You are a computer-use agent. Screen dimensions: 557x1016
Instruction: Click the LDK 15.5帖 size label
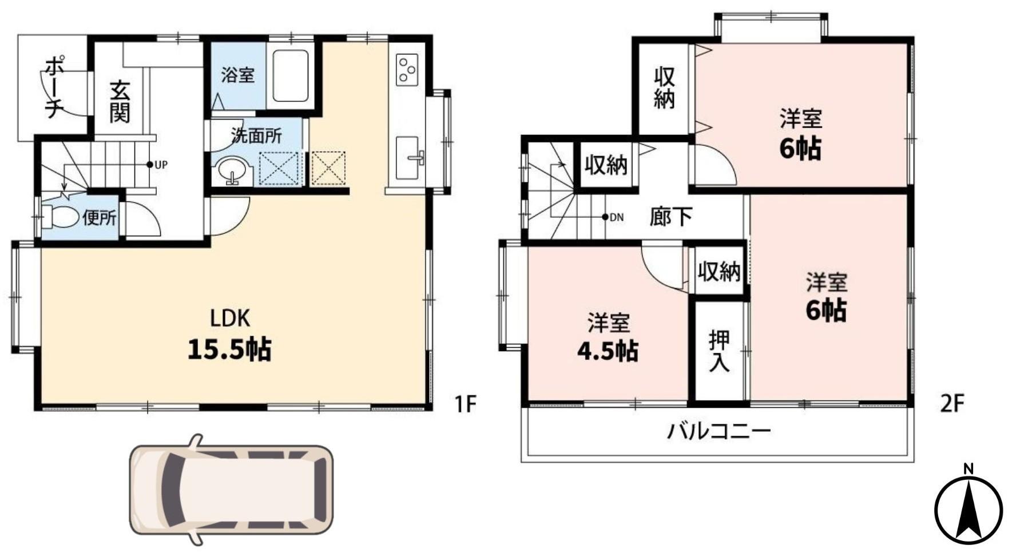(229, 349)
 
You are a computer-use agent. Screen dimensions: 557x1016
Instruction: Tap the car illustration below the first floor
(231, 490)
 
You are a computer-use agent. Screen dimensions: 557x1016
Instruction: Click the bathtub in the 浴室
(290, 76)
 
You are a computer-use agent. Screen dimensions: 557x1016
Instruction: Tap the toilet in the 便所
(62, 217)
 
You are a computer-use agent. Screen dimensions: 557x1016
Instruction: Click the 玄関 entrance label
(120, 102)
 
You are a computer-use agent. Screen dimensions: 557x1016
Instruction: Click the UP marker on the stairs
(157, 165)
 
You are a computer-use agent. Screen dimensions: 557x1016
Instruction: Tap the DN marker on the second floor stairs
(613, 217)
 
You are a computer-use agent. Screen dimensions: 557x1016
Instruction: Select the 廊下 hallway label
(670, 216)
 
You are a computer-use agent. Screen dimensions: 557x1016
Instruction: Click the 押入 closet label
(719, 351)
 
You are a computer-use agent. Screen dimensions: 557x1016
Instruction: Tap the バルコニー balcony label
(719, 431)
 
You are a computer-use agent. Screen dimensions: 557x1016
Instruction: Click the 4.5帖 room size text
(608, 351)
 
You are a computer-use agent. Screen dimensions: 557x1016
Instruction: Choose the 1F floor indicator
(465, 404)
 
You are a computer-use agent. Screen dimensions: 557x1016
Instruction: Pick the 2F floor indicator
(952, 404)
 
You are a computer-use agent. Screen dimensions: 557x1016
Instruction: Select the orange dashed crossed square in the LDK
(328, 168)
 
